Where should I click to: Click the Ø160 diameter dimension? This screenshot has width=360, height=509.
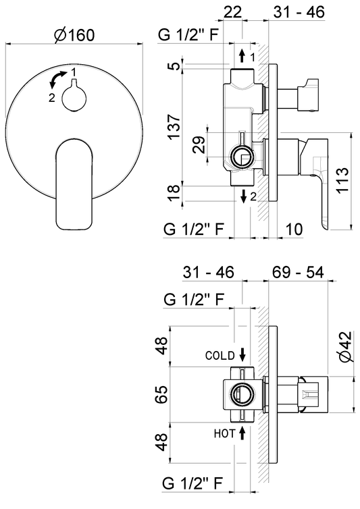pyautogui.click(x=74, y=35)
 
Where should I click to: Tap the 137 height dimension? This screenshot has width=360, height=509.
pyautogui.click(x=174, y=127)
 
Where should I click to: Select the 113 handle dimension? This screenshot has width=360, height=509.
pyautogui.click(x=342, y=180)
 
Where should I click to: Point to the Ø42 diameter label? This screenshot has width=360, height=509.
pyautogui.click(x=344, y=347)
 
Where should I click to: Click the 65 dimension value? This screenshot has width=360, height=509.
pyautogui.click(x=161, y=394)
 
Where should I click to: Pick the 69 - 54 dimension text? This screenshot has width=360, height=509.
pyautogui.click(x=298, y=272)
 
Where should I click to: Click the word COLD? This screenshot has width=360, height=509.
pyautogui.click(x=220, y=356)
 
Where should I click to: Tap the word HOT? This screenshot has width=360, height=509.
pyautogui.click(x=224, y=433)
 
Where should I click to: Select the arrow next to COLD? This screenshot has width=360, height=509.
pyautogui.click(x=242, y=354)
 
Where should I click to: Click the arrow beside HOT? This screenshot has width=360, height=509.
pyautogui.click(x=242, y=433)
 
